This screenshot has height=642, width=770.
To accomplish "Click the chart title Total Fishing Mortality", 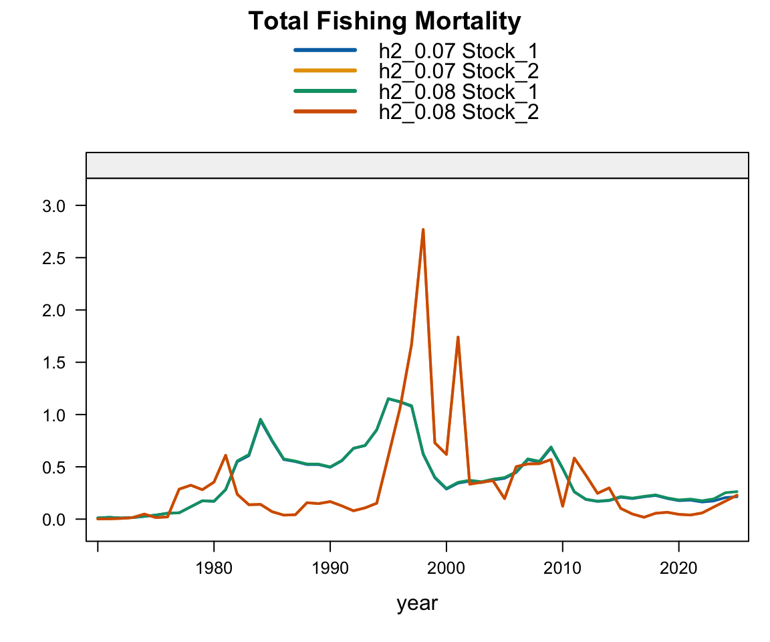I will click(x=384, y=22).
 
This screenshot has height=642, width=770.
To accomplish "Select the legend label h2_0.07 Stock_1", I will click(x=458, y=51).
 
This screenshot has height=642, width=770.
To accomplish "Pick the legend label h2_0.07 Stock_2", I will click(x=458, y=71).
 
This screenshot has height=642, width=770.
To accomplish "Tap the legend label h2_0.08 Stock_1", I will click(x=458, y=91).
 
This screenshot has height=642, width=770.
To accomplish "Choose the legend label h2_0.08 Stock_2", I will click(x=458, y=112).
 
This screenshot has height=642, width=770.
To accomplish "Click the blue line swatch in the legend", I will click(x=325, y=49).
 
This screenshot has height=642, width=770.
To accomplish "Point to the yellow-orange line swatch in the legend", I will click(x=325, y=70).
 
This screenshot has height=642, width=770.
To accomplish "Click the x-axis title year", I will click(x=417, y=604).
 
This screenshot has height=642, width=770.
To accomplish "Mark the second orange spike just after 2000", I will click(x=458, y=337).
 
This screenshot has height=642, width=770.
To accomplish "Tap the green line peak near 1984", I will click(x=260, y=419).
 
